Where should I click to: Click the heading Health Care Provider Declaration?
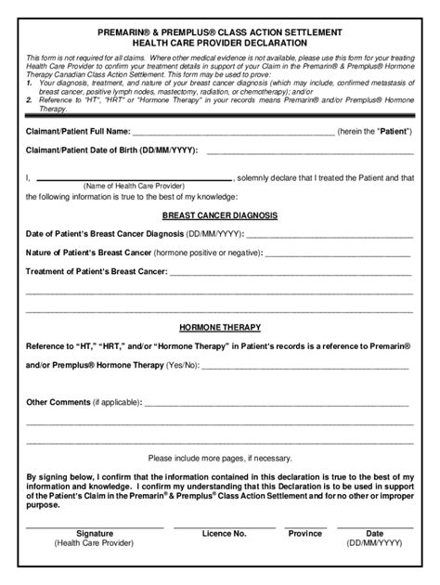tap(220, 43)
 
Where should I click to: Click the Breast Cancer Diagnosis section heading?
tap(220, 215)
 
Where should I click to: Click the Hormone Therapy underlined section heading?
tap(220, 328)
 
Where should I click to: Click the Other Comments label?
tap(58, 403)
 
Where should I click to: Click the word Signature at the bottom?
tap(94, 534)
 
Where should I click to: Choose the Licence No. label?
tap(223, 534)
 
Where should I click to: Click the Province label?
tap(304, 534)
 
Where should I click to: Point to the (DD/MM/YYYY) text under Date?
tap(374, 545)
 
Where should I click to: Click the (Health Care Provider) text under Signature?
tap(94, 545)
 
